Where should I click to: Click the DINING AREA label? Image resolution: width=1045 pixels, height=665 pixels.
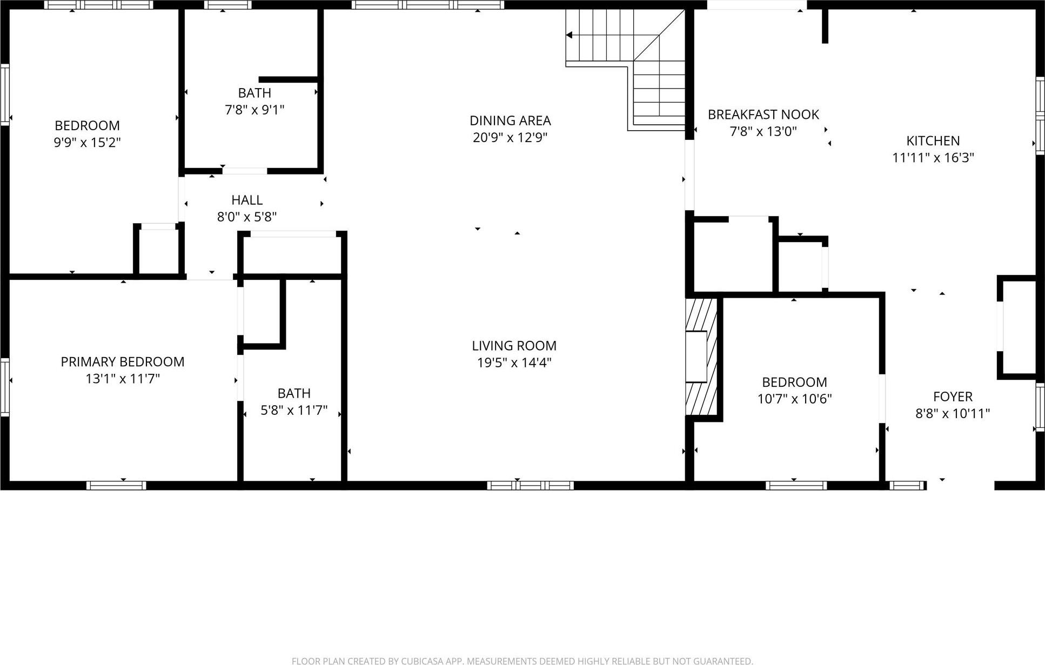[x=510, y=120]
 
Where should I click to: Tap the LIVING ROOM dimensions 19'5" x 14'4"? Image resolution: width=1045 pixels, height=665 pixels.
[x=514, y=362]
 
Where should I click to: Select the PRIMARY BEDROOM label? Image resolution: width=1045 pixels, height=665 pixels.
[x=123, y=362]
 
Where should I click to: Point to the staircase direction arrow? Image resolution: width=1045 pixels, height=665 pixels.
[x=570, y=35]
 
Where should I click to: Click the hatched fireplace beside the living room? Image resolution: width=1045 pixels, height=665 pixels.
[x=701, y=357]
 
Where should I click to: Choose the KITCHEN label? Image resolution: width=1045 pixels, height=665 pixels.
[x=933, y=141]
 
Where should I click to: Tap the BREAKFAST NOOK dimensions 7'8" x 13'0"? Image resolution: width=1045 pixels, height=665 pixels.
[x=763, y=131]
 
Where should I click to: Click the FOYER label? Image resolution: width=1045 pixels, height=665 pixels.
[x=952, y=397]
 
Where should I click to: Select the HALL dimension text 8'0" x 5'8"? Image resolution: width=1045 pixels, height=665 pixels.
[x=247, y=217]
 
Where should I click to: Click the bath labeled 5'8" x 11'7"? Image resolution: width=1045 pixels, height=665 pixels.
[x=294, y=401]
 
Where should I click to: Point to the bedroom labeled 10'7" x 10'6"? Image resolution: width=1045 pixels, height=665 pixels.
[x=794, y=390]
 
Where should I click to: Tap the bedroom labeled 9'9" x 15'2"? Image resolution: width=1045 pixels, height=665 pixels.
[x=87, y=134]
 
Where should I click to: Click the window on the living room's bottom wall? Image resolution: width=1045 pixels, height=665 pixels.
[x=530, y=485]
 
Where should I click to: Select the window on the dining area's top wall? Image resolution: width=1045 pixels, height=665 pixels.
[x=427, y=5]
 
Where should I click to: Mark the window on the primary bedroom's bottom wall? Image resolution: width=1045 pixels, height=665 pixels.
[x=116, y=485]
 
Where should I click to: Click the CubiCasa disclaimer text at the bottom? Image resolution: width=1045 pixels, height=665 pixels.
[x=522, y=660]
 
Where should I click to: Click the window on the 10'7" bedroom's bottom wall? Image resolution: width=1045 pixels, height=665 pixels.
[x=796, y=485]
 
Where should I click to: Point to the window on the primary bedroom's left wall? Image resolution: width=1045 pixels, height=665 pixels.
[x=5, y=387]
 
